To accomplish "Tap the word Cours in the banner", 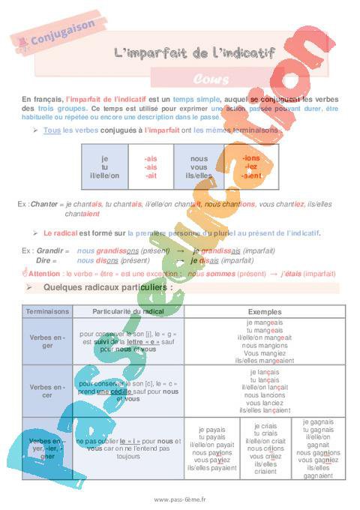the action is tap(205, 77).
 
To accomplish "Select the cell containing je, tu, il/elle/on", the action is tap(104, 166).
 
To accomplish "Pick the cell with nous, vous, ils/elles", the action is tap(199, 166).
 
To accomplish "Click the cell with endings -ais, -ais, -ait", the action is tap(151, 166).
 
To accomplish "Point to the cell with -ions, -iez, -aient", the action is tap(250, 166).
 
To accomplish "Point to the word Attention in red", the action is tap(44, 274).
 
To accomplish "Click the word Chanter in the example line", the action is tap(44, 204).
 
